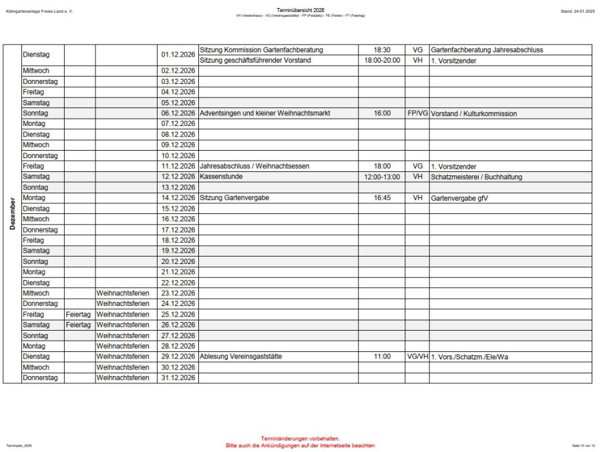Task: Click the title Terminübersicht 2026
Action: tap(300, 11)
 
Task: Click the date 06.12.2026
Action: tap(178, 113)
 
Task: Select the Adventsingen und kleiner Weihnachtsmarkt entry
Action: tap(265, 113)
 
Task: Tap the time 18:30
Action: tap(382, 50)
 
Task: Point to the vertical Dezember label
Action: tap(12, 213)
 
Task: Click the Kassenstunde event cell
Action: tap(221, 177)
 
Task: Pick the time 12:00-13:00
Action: tap(382, 177)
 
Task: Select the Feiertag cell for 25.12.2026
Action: tap(78, 314)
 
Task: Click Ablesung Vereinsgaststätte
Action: tap(240, 357)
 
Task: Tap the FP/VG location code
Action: tap(417, 113)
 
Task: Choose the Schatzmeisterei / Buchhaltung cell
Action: tap(477, 177)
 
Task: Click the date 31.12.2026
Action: tap(178, 378)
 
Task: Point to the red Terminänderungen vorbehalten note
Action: tap(300, 439)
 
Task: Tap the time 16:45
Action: tap(382, 198)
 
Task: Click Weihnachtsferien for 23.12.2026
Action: tap(123, 293)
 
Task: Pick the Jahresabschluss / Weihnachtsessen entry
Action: tap(254, 166)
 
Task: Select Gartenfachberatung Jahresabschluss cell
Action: tap(487, 50)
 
